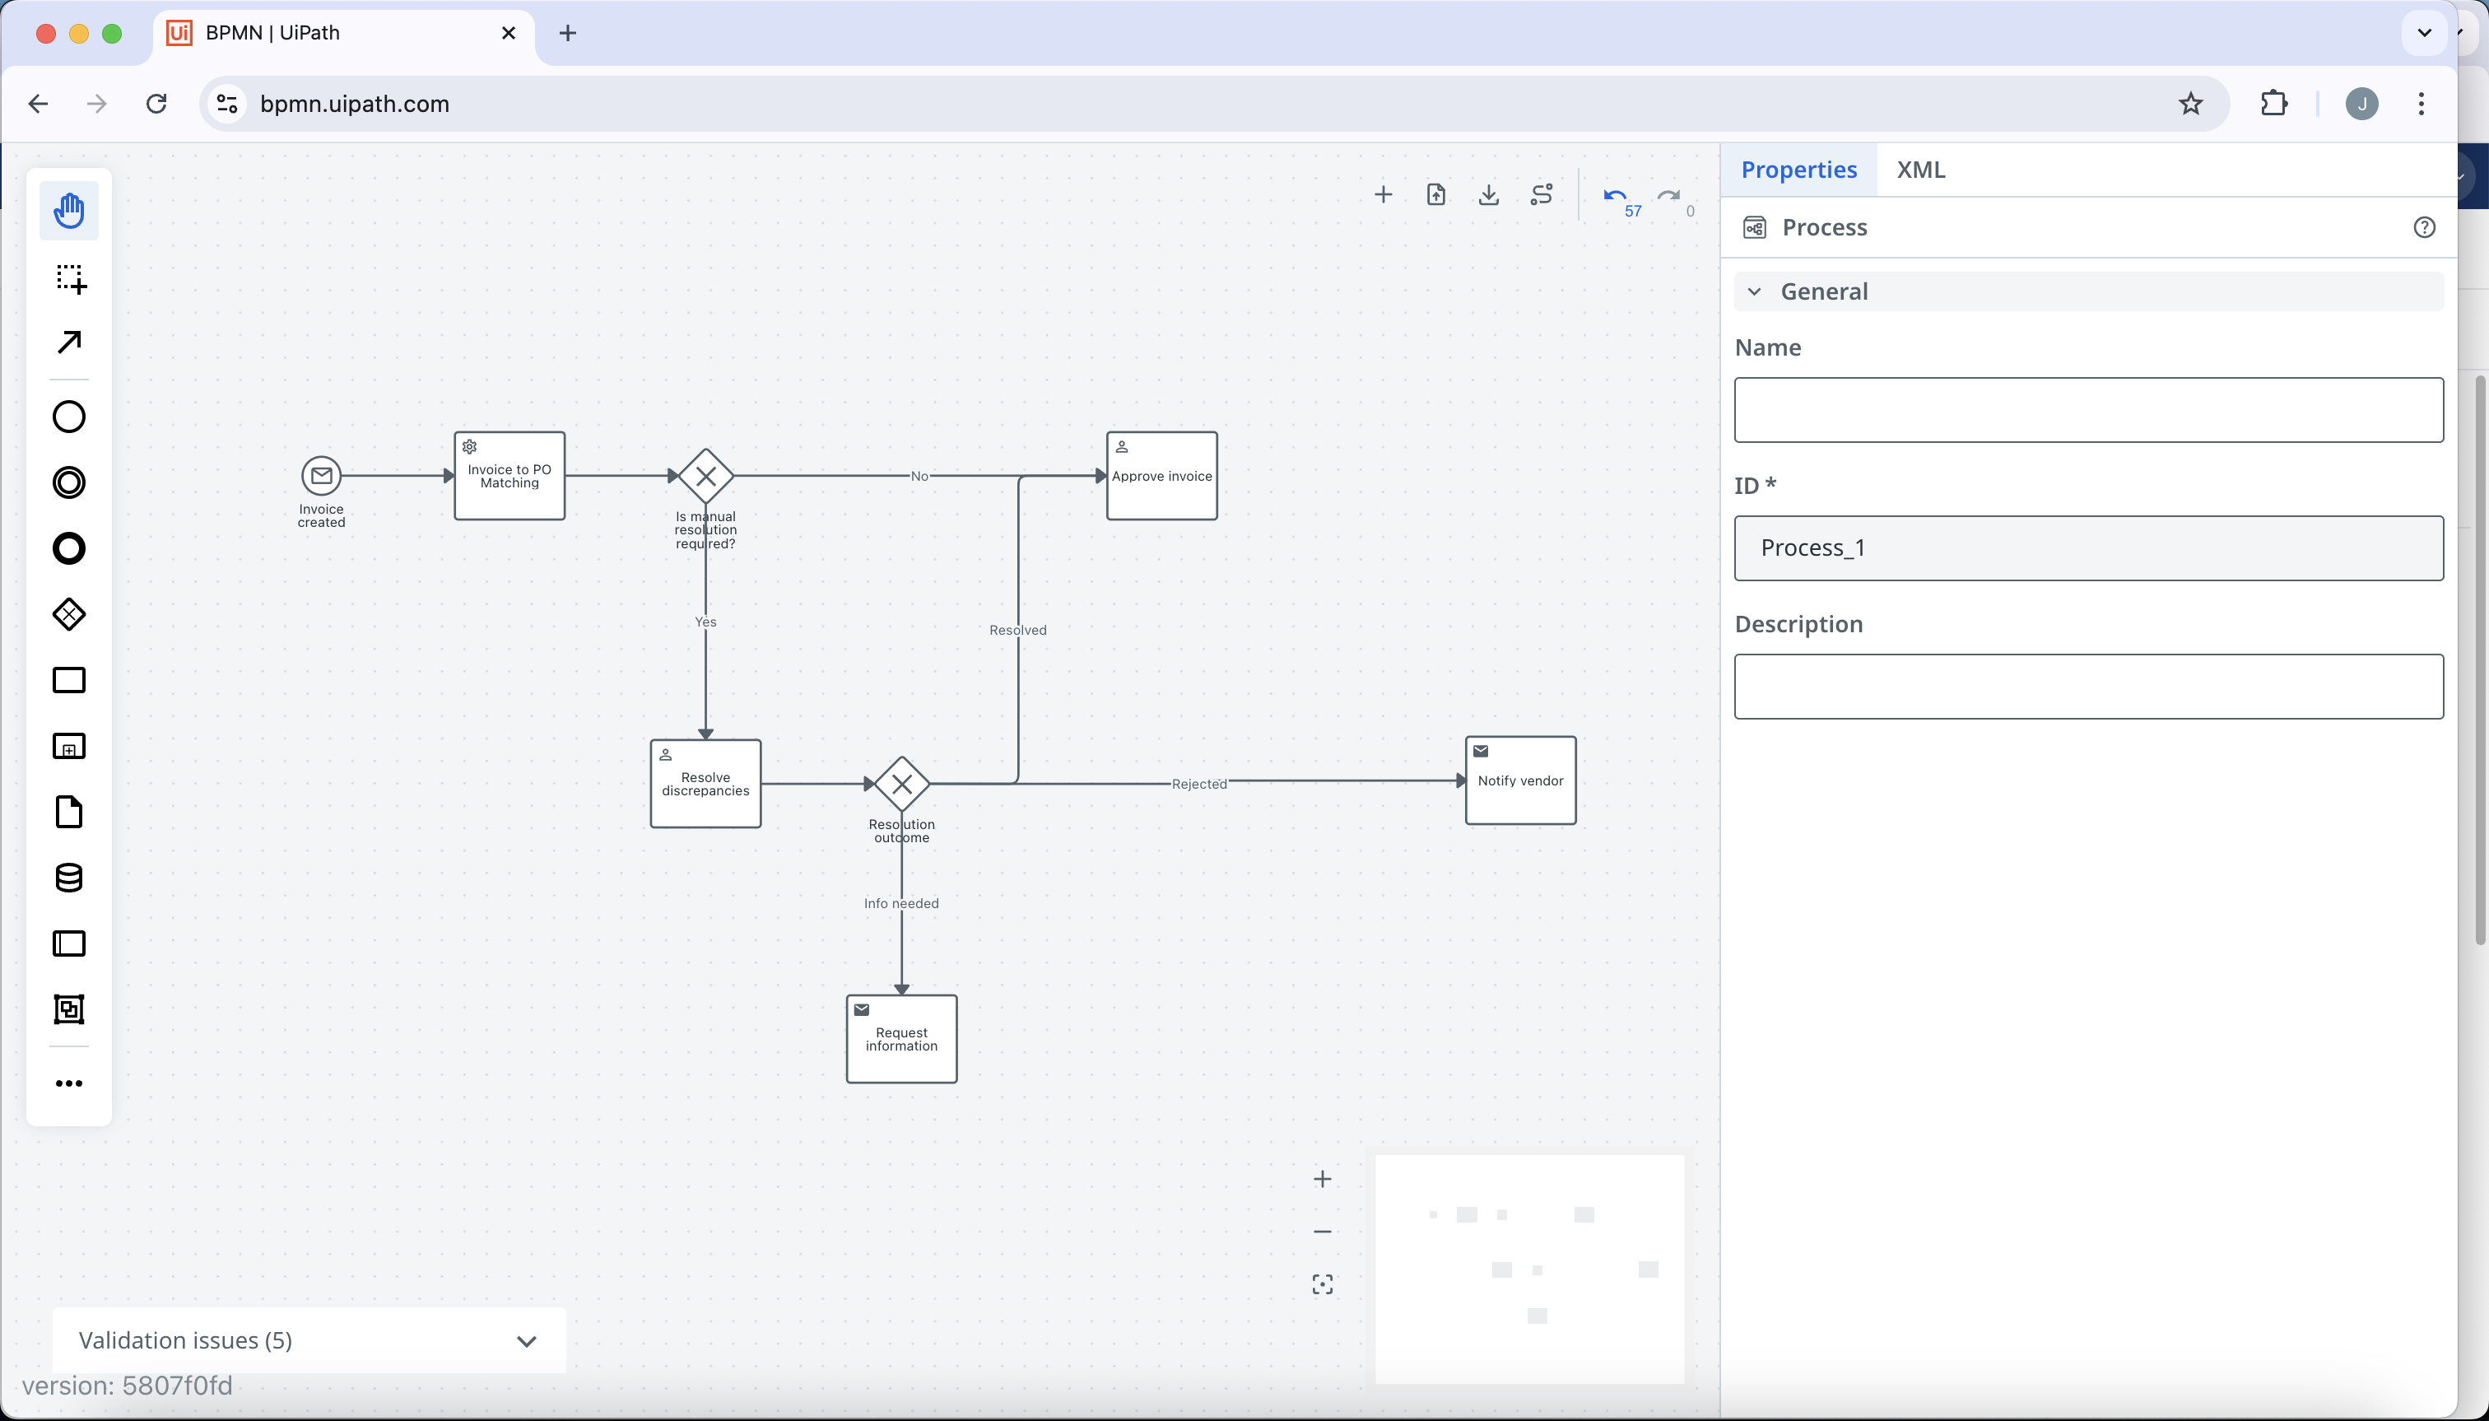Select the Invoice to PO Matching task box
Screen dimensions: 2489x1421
[509, 476]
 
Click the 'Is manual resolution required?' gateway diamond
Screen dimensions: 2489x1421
[705, 476]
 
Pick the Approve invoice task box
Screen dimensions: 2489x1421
[1161, 476]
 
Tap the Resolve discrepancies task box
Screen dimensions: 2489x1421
[705, 784]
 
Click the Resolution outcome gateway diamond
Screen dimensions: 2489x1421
[901, 784]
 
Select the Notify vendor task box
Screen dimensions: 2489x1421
[1520, 780]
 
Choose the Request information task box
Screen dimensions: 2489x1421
[901, 1038]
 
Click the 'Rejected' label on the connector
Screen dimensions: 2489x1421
[1199, 784]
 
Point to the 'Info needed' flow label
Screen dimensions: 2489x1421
[901, 904]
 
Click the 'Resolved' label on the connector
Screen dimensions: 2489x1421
[1017, 631]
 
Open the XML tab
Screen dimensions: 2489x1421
[1920, 170]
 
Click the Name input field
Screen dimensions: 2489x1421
[2088, 410]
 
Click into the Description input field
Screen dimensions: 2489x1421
[2088, 687]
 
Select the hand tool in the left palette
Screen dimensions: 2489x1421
[69, 211]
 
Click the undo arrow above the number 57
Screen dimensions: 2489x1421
[1615, 195]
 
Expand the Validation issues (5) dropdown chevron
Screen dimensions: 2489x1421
[527, 1341]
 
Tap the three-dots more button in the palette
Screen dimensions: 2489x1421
[69, 1083]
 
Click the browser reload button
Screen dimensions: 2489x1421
[156, 104]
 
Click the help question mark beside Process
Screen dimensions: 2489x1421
[2424, 227]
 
